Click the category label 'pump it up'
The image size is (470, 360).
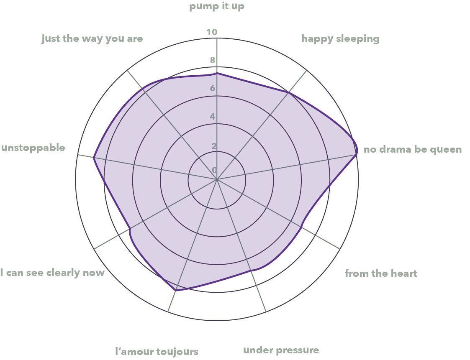click(217, 7)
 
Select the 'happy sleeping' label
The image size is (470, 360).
click(340, 39)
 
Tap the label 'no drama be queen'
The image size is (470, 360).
click(413, 149)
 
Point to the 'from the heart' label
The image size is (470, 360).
click(381, 273)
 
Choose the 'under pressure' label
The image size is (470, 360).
click(281, 350)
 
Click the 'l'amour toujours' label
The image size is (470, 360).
click(157, 351)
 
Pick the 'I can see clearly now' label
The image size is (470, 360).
click(52, 273)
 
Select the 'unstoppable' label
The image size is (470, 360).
click(33, 148)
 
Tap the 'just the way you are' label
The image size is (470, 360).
click(92, 39)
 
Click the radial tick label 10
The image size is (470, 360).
click(212, 32)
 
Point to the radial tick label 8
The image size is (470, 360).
click(213, 60)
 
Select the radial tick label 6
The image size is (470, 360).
click(213, 88)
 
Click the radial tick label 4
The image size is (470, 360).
click(213, 116)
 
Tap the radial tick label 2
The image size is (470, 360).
click(214, 146)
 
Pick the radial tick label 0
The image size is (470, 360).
click(214, 170)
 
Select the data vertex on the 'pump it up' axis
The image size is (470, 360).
click(217, 73)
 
